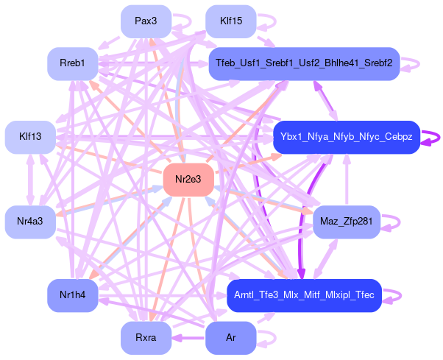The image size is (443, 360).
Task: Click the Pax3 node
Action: point(146,21)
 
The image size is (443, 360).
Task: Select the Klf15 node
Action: point(231,21)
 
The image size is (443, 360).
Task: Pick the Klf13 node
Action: point(30,137)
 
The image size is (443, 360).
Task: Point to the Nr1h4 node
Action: point(73,295)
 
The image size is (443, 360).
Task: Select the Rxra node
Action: point(146,339)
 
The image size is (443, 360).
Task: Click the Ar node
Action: point(231,339)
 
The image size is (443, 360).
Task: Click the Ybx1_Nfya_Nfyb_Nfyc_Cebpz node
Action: point(346,137)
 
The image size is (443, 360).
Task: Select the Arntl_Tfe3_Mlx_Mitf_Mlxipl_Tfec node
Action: point(303,295)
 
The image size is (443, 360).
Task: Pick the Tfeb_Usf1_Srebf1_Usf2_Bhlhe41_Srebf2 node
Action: point(303,64)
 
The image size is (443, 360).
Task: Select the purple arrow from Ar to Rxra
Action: point(188,339)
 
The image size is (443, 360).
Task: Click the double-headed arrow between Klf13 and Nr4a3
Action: point(30,180)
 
